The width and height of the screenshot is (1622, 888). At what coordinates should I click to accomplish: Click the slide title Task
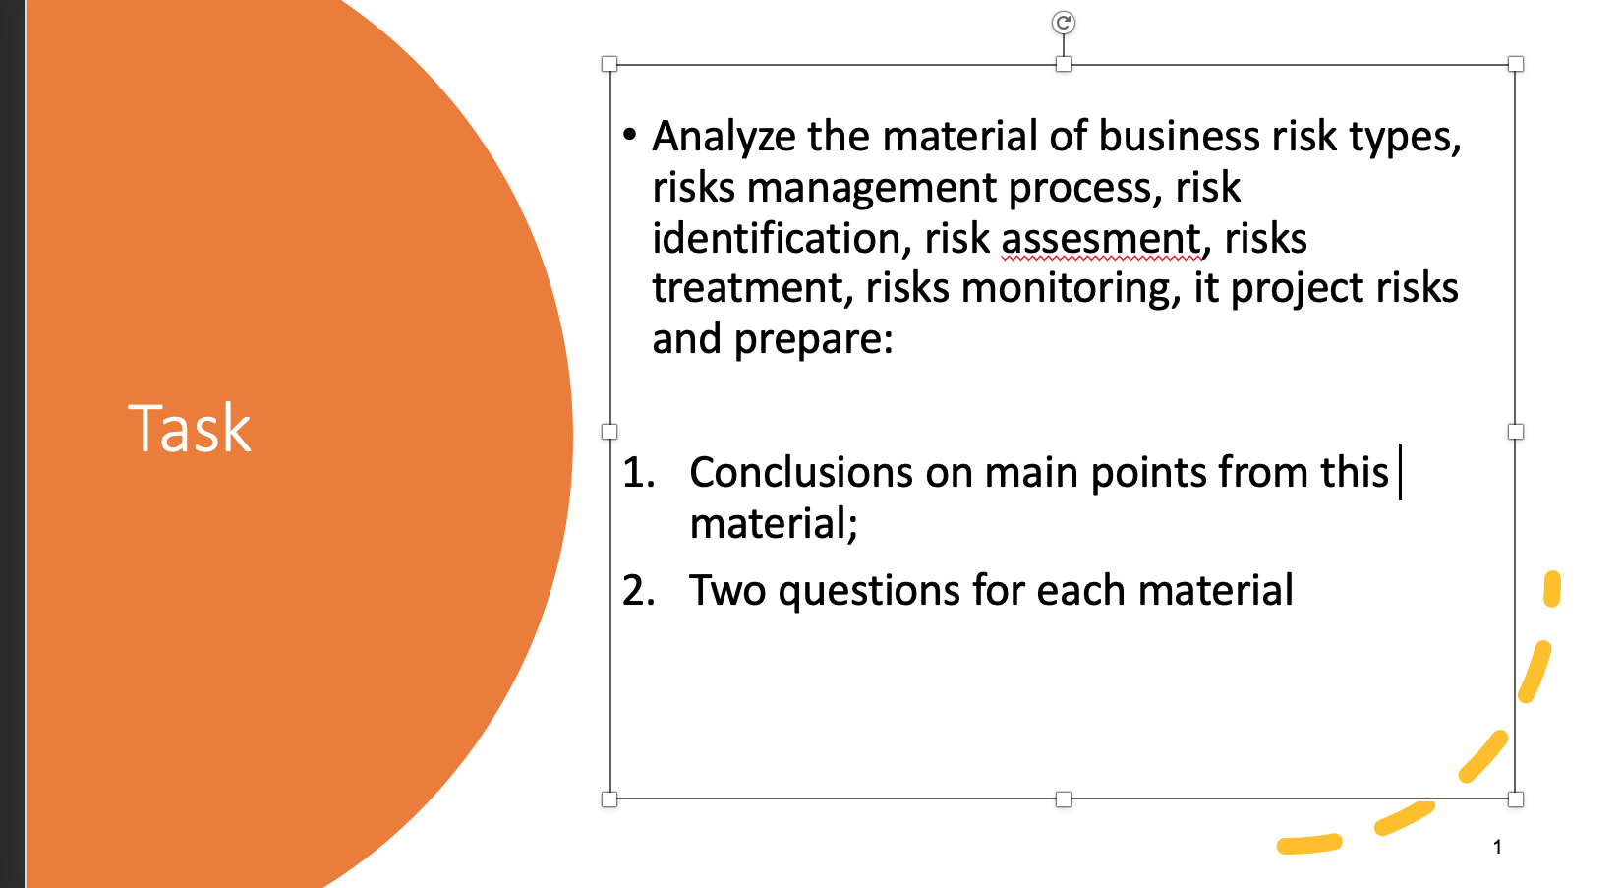[190, 429]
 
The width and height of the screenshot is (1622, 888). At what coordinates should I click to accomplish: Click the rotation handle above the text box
[1063, 23]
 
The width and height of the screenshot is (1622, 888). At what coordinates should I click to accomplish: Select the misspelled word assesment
[1101, 239]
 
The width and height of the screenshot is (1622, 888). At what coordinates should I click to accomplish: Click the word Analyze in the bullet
[724, 137]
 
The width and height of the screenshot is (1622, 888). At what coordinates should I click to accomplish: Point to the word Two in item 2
[727, 591]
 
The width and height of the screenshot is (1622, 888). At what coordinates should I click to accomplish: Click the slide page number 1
[1497, 847]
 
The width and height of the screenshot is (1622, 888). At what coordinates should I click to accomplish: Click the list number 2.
[638, 591]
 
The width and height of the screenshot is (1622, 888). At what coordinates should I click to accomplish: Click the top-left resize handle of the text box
[609, 64]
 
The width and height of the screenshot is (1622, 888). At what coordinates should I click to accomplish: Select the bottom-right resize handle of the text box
[1516, 799]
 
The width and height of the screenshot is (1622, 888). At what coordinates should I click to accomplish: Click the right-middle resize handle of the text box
[1516, 432]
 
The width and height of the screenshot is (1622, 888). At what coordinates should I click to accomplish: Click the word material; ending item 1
[774, 524]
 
